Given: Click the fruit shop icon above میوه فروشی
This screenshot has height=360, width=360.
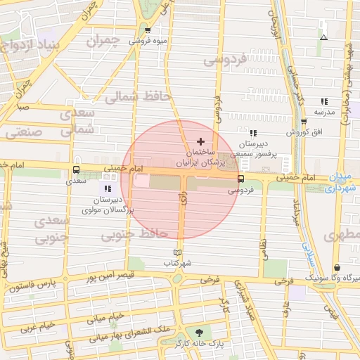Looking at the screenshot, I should pos(148,30).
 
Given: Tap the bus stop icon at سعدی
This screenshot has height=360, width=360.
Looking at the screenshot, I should pos(76,169).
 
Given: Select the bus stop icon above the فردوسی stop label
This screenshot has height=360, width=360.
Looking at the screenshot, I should pos(240,179).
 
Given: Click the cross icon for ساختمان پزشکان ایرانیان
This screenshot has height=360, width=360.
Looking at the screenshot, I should pos(200,141).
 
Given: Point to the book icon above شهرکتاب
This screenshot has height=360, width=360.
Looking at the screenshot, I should pos(177,252).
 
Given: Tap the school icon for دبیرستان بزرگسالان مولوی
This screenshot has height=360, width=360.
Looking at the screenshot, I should pos(108,188).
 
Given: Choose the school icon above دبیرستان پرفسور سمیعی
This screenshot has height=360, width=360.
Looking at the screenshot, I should pos(252,133).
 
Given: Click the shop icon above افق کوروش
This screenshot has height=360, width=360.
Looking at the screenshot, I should pos(303,122).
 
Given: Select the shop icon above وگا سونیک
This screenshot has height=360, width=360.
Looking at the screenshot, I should pos(338,268).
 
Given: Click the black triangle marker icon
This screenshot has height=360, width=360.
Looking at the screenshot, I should pos(323,37).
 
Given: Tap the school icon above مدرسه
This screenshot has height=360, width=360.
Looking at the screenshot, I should pos(323,101).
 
